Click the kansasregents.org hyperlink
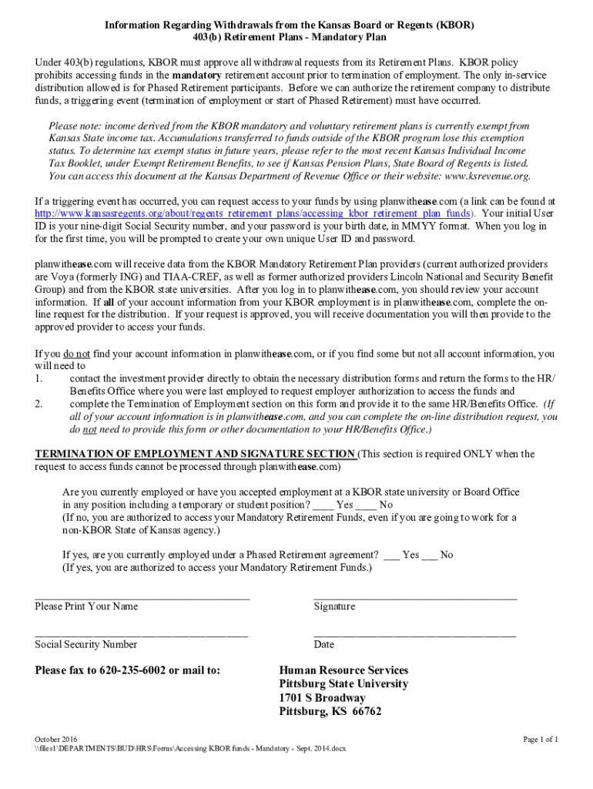point(254,213)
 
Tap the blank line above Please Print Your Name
point(142,597)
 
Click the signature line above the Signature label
point(415,597)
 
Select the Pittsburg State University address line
point(343,684)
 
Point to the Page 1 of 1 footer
point(541,740)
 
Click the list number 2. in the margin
point(39,403)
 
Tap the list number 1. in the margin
point(39,378)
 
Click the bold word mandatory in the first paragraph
point(196,76)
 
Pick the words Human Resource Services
point(343,670)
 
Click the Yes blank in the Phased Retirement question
point(392,555)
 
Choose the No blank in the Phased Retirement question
point(429,555)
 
